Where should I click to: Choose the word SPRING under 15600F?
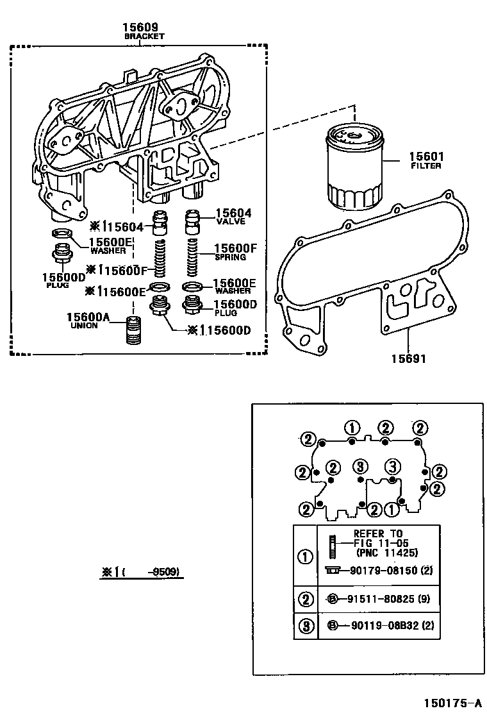230,257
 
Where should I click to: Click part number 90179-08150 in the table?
386,571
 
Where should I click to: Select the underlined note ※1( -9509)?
140,572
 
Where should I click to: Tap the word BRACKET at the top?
144,37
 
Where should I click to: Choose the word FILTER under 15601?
426,166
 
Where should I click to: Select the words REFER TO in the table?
378,533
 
